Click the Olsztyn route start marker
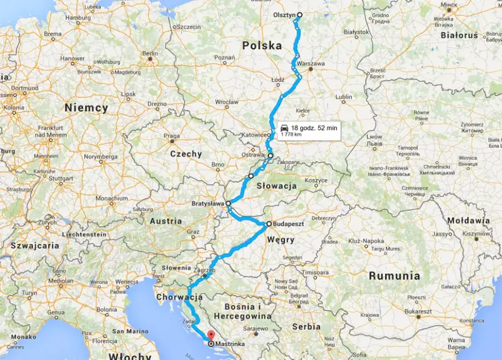point(300,15)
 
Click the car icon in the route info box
point(284,128)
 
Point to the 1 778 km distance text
point(291,135)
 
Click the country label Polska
point(262,45)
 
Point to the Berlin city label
point(150,53)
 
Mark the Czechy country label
point(186,154)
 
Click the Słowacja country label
point(276,185)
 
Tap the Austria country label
point(165,221)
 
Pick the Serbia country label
point(306,326)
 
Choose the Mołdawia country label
point(468,221)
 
